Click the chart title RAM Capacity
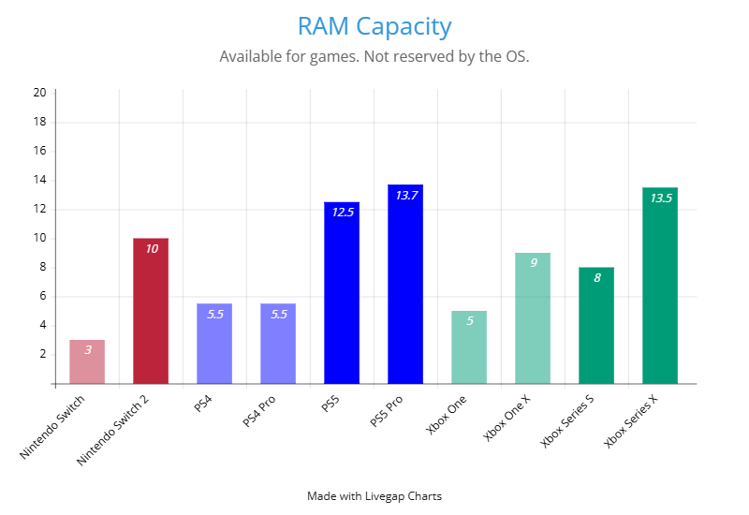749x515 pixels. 374,26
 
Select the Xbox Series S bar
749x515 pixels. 596,328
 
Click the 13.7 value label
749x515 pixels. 406,196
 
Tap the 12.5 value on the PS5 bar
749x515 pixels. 343,213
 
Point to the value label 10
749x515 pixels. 152,249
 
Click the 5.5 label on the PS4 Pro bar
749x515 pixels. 279,315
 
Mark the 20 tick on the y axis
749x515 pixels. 39,93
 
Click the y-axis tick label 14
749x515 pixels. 39,180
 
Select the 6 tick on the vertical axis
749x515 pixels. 42,297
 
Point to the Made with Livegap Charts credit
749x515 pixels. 374,496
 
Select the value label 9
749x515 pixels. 534,263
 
